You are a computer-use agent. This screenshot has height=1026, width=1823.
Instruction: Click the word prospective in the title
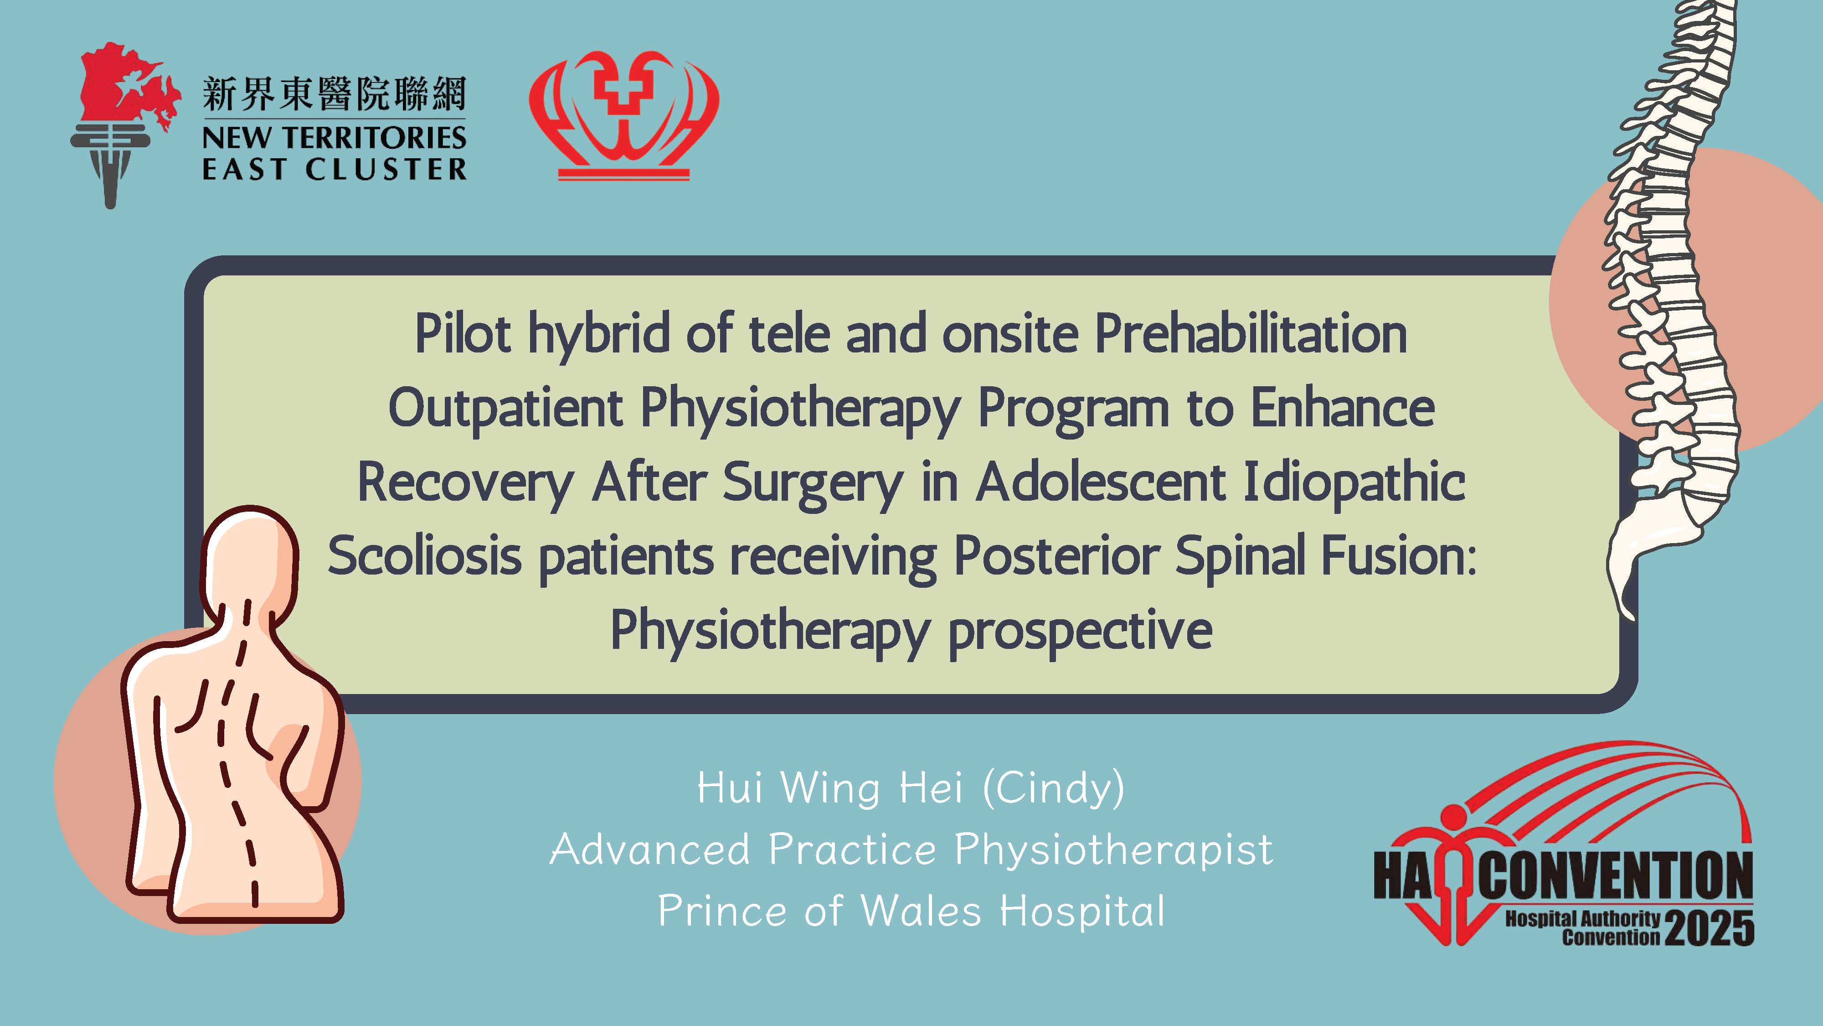(1080, 632)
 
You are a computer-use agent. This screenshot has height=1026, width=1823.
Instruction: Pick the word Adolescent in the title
(1101, 482)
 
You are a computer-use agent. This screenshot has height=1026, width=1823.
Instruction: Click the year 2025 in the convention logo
(1710, 928)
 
